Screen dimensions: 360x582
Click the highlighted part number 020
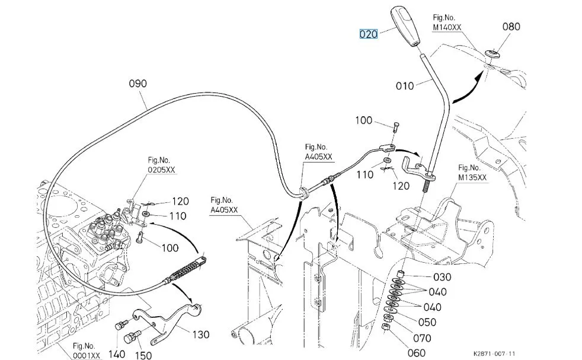pos(368,34)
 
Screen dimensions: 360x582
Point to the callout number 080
pos(511,26)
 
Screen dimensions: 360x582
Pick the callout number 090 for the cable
pos(137,84)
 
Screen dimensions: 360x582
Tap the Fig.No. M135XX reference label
pos(472,172)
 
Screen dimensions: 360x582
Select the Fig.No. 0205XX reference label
pos(162,165)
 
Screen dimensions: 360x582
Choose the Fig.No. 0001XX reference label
pos(87,350)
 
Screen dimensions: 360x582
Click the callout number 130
pos(200,334)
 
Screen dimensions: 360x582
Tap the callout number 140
pos(117,353)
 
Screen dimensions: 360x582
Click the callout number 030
pos(442,277)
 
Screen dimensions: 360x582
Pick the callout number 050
pos(427,322)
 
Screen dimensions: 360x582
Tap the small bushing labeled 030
pos(401,274)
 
